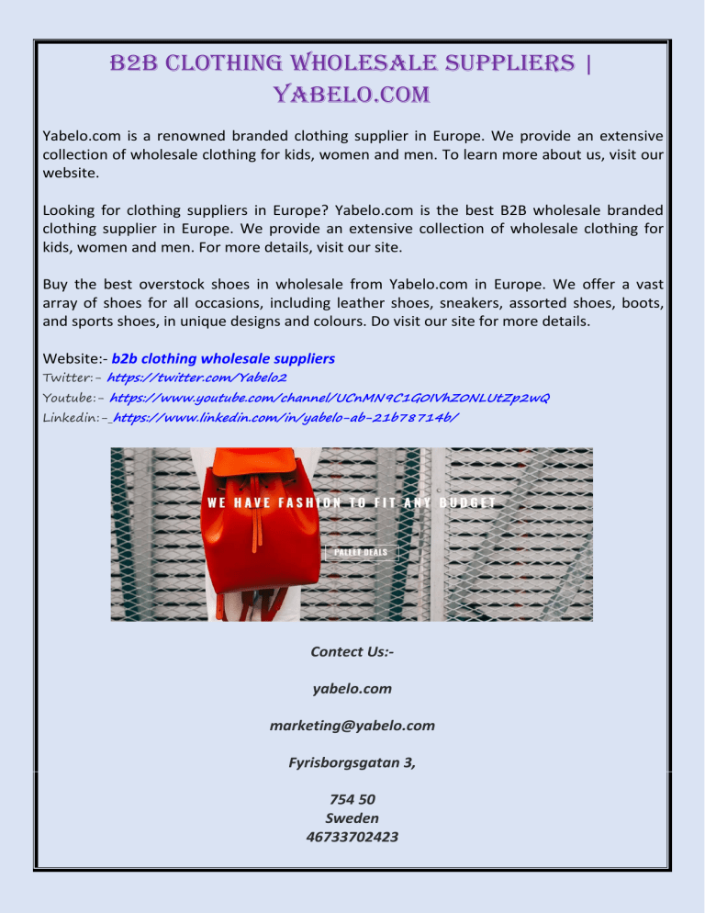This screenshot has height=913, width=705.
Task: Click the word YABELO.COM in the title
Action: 352,94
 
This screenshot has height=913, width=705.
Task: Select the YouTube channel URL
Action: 330,397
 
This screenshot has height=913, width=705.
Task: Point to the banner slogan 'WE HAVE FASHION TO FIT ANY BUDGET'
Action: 352,502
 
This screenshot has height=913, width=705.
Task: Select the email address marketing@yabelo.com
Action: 352,726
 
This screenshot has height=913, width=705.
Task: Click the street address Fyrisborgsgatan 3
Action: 352,760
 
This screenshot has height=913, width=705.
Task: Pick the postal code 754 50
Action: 352,799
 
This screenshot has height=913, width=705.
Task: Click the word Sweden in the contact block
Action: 352,817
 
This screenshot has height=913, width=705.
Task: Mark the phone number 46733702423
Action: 352,836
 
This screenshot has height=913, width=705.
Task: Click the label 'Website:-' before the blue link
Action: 75,357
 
